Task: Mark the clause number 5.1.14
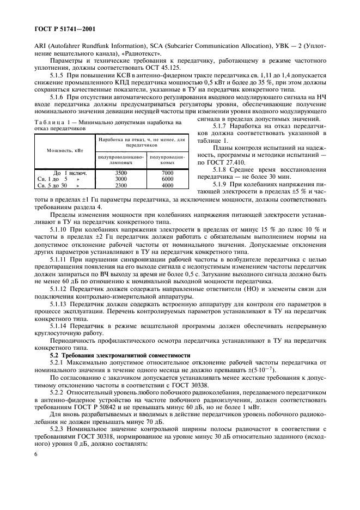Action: [61, 324]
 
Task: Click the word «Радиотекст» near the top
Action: [142, 53]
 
